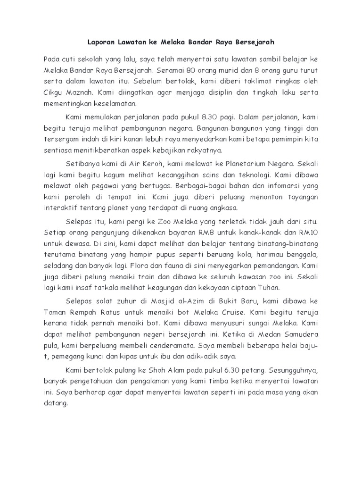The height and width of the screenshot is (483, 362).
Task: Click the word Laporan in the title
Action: [x=101, y=42]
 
